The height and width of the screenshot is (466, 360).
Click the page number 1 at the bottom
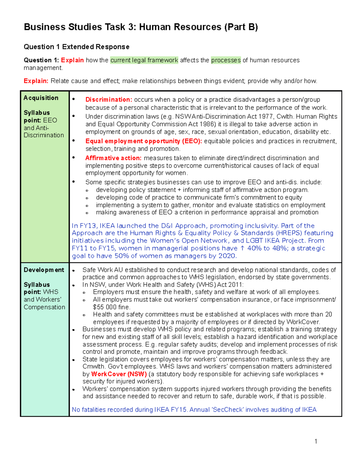pos(316,441)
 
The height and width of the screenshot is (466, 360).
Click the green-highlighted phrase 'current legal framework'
pos(144,60)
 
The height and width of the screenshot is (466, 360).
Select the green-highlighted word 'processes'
pos(226,60)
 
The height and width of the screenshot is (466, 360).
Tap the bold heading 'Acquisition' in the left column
pos(41,98)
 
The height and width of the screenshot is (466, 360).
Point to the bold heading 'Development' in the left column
pos(44,270)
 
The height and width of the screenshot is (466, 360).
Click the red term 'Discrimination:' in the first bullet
pos(109,100)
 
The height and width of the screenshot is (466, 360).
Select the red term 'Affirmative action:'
pos(113,158)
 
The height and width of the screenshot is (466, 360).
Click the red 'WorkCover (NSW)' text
pos(119,374)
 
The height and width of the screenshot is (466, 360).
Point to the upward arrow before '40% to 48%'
pos(243,248)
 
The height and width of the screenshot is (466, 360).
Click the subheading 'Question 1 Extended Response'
pos(76,47)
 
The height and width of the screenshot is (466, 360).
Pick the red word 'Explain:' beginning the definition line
pos(36,81)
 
